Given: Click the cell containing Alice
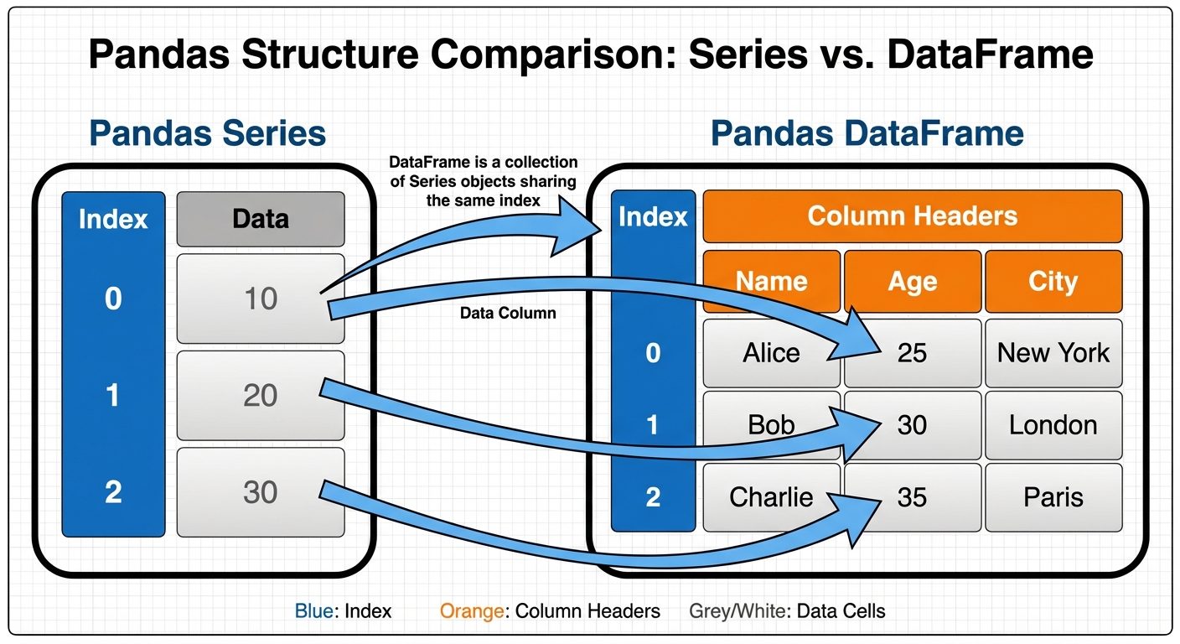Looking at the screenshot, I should pos(771,352).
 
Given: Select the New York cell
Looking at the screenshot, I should pos(1053,352).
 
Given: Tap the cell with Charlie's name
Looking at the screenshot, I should pos(771,497).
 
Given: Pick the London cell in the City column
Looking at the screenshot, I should pos(1053,425).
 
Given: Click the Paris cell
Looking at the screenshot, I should pos(1053,497).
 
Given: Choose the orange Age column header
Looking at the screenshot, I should pos(912,281).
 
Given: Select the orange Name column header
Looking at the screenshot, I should pos(771,281).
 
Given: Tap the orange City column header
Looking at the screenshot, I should pos(1053,281).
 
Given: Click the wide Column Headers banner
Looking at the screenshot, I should pos(912,216).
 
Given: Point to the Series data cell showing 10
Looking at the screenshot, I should pos(260,299).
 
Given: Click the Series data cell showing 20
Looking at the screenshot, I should pos(260,395).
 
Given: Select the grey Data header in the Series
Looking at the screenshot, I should pos(260,219).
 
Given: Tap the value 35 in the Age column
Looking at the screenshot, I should pos(912,497).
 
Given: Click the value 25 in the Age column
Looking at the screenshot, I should pos(912,352).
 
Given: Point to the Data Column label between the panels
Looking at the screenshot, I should pos(508,314).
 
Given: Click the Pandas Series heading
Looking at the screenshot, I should pos(207,133).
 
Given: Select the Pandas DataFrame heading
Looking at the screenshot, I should pos(867,133).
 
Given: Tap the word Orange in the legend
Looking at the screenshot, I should pos(471,611).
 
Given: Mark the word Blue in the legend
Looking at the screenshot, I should pos(313,611).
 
